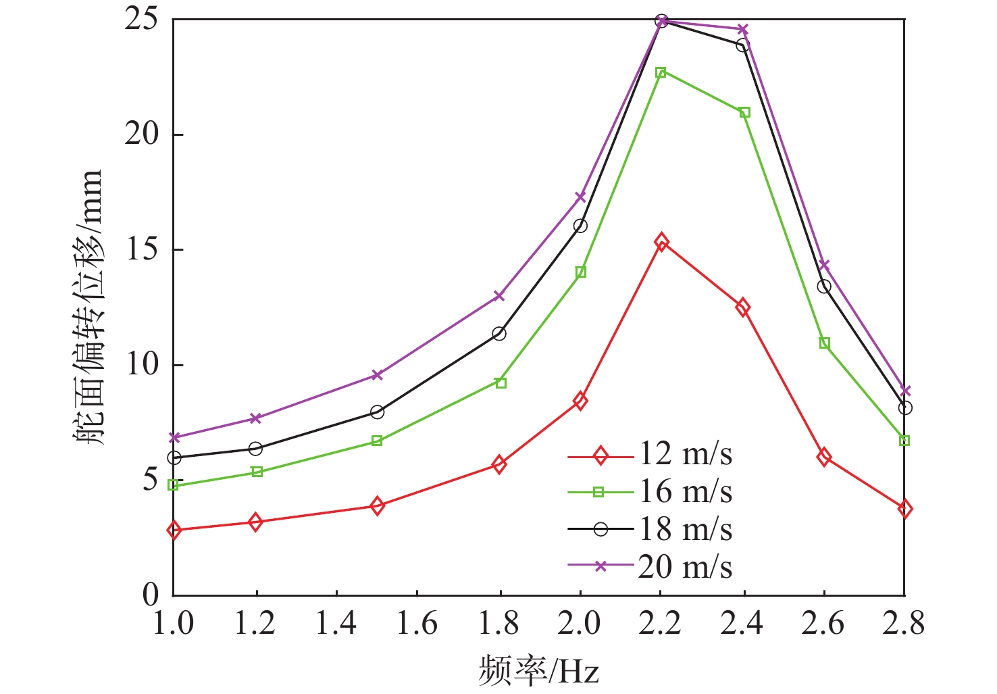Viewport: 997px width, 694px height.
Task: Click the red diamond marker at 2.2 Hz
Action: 661,242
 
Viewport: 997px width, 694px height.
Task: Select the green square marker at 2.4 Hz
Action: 744,112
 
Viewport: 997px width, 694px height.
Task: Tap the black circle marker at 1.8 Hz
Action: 499,333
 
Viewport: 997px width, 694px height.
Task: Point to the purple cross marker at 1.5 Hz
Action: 377,375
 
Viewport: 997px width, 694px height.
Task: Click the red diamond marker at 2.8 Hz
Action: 905,509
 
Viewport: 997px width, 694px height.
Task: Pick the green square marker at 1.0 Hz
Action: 173,485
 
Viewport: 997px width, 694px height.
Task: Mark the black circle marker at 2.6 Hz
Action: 824,287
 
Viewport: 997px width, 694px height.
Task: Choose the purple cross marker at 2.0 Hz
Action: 580,197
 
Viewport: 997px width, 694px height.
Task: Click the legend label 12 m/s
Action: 686,455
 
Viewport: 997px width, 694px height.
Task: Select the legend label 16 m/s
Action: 686,492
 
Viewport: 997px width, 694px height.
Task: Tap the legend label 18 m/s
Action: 686,529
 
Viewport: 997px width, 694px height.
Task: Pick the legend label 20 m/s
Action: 686,566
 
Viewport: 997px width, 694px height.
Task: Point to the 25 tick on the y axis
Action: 141,20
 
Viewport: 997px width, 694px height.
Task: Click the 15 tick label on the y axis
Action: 141,249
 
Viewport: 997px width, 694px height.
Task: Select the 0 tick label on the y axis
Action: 150,595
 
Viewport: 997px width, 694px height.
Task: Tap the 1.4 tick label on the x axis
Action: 336,623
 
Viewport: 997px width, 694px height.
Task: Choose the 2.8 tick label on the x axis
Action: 904,623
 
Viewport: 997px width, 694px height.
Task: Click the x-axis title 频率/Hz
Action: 538,670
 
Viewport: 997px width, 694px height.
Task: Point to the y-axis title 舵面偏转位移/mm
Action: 88,307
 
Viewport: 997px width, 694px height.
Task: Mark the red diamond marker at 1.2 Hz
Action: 255,522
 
